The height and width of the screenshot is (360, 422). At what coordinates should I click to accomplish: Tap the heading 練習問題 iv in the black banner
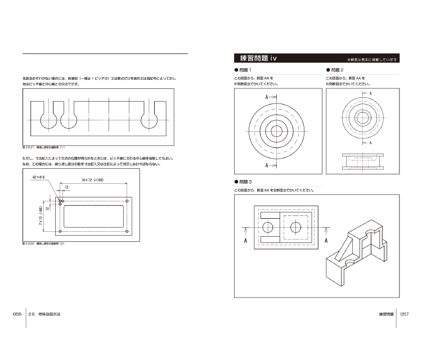(258, 58)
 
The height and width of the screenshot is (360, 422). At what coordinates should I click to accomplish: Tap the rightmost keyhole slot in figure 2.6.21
(151, 118)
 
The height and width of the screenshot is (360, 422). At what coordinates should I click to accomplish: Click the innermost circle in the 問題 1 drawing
(276, 131)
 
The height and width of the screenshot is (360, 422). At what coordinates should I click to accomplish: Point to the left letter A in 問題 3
(246, 241)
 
